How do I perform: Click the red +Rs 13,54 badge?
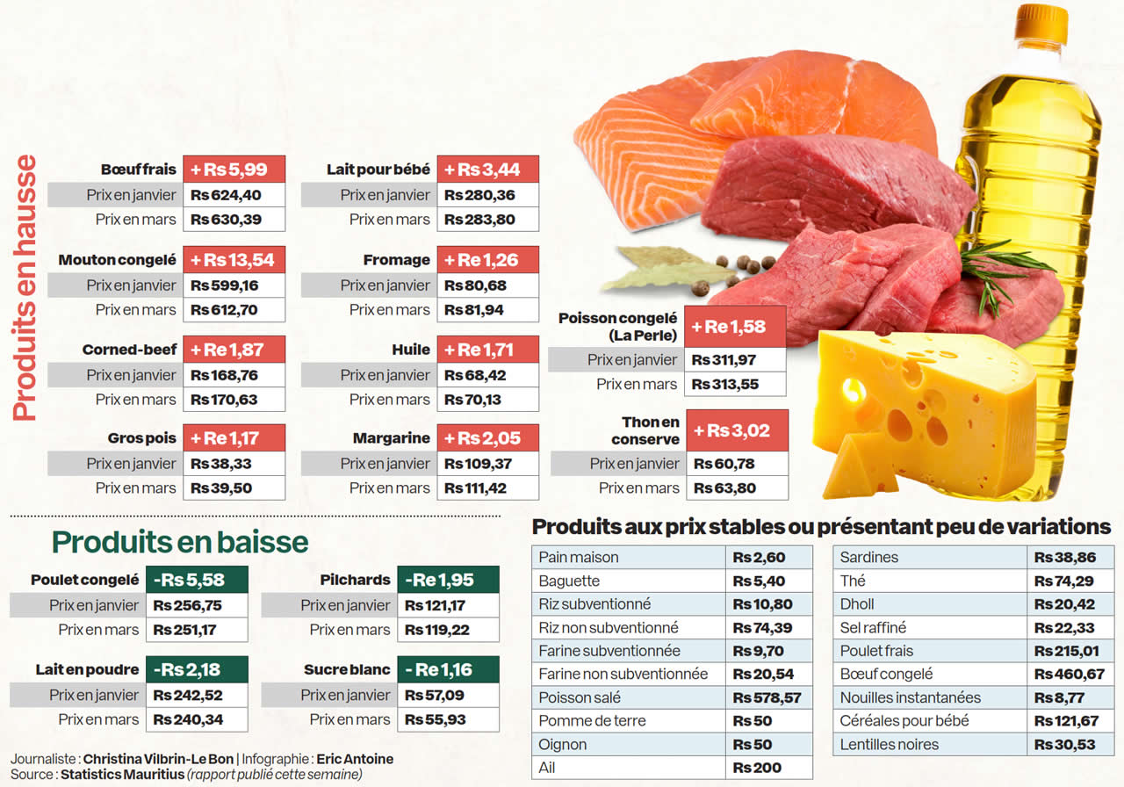pyautogui.click(x=234, y=260)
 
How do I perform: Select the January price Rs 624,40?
pyautogui.click(x=227, y=195)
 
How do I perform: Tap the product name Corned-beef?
pyautogui.click(x=130, y=350)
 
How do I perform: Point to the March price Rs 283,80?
pyautogui.click(x=479, y=220)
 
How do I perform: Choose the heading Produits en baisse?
pyautogui.click(x=180, y=542)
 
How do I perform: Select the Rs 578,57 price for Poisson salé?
pyautogui.click(x=767, y=697)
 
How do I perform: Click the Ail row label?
pyautogui.click(x=547, y=768)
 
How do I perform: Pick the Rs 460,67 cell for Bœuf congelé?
pyautogui.click(x=1069, y=675)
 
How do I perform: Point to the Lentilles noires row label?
pyautogui.click(x=889, y=745)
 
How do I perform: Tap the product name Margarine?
pyautogui.click(x=392, y=438)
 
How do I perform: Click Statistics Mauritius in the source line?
pyautogui.click(x=121, y=775)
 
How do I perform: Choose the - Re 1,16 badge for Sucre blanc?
pyautogui.click(x=447, y=669)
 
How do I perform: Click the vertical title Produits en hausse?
pyautogui.click(x=26, y=288)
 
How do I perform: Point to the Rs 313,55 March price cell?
pyautogui.click(x=724, y=384)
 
